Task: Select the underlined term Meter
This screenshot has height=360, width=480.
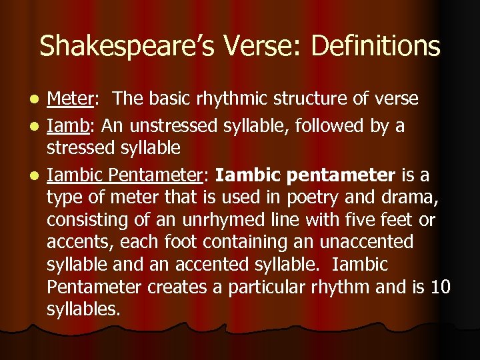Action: [70, 99]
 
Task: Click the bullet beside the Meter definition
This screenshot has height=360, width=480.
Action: [36, 100]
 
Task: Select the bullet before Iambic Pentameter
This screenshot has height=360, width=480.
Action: [36, 177]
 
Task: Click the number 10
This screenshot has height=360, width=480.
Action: [441, 287]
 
